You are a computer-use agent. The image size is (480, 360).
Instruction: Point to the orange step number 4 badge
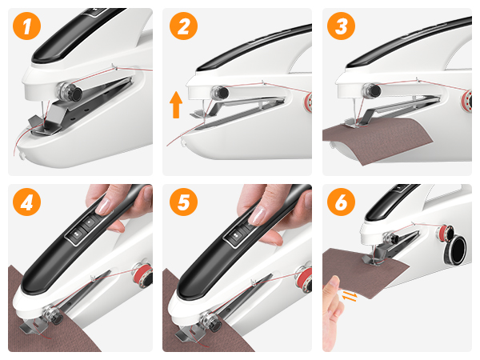[x=26, y=202]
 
